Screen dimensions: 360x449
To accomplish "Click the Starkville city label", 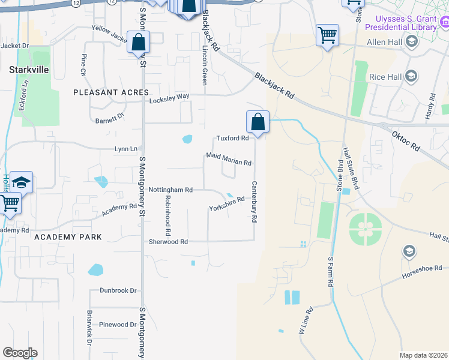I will tap(29, 70).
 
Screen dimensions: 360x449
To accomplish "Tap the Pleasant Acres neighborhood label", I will tap(110, 92).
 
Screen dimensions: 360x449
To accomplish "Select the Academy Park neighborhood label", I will tap(68, 237).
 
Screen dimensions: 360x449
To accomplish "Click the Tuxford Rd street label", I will tap(232, 138).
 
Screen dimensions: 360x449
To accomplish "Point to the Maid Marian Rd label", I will tap(228, 158).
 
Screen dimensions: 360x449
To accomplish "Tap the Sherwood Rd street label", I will tap(169, 242).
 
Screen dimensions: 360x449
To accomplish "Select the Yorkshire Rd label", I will tap(227, 203).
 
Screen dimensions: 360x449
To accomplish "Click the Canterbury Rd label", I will tap(255, 202).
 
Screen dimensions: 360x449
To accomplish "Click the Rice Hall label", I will tap(385, 76).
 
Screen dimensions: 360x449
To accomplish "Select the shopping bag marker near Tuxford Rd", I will tap(258, 122).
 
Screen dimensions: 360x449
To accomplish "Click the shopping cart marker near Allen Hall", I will tap(327, 35).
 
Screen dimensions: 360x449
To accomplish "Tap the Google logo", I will tap(20, 353).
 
